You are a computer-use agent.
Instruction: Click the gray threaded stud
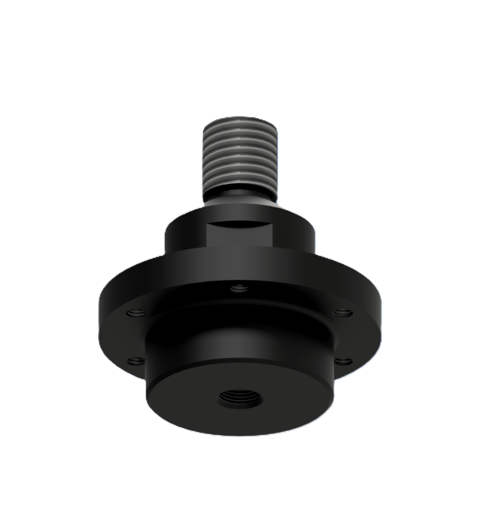pyautogui.click(x=239, y=155)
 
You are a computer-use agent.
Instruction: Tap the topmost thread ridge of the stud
pyautogui.click(x=239, y=123)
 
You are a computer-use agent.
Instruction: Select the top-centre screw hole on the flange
pyautogui.click(x=240, y=287)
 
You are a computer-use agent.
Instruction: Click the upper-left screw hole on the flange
pyautogui.click(x=138, y=313)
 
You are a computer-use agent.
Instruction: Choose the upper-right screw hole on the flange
pyautogui.click(x=343, y=313)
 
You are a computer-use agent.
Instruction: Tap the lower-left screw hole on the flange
pyautogui.click(x=136, y=361)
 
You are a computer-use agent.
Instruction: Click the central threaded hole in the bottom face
pyautogui.click(x=240, y=399)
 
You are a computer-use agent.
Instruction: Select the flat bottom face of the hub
pyautogui.click(x=183, y=401)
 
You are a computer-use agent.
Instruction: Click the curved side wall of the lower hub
pyautogui.click(x=239, y=340)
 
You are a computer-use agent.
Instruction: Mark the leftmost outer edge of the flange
pyautogui.click(x=100, y=316)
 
